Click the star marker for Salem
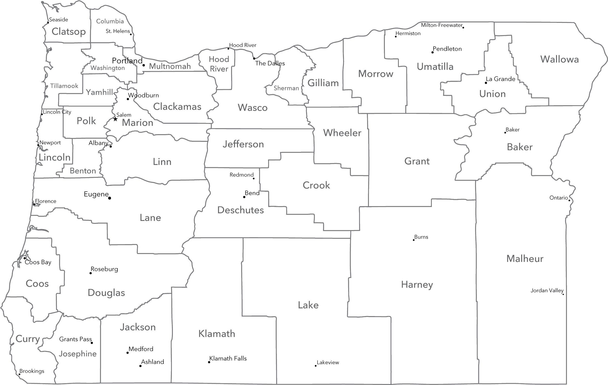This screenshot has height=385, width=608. pos(115,119)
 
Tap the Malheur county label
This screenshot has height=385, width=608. pos(525,259)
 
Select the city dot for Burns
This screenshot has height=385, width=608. pos(414,240)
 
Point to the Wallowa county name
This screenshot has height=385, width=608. pos(560,59)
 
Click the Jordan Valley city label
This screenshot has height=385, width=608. pos(547,291)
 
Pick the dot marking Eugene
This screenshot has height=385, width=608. pos(109,198)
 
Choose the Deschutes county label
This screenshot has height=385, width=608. pos(241,210)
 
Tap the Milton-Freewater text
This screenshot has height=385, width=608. pos(442,25)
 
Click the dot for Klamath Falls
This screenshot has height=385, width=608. pos(209,362)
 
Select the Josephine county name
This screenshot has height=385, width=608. pos(78,354)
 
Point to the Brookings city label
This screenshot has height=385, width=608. pos(32,371)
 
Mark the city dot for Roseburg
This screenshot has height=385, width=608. pos(90,273)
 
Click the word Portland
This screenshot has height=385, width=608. pos(127,61)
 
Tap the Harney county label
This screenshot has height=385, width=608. pos(417,285)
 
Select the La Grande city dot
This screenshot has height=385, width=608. pos(486,83)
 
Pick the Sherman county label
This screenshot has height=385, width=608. pos(286,88)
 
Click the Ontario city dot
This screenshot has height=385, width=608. pos(569,200)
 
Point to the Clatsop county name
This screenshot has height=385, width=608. pos(69,32)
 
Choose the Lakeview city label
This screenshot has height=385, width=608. pos(328,363)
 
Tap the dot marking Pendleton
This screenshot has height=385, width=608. pos(433,52)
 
